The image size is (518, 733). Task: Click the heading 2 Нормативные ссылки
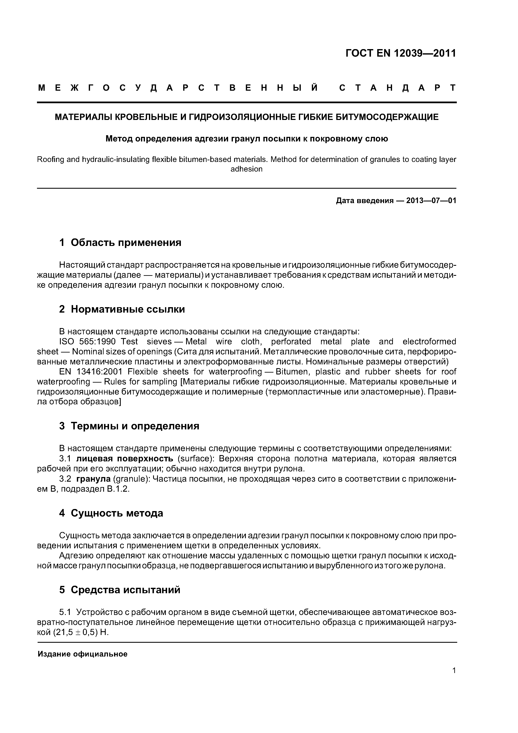pos(122,309)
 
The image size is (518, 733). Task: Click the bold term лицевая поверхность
pos(125,459)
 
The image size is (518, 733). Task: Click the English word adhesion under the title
pos(246,169)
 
